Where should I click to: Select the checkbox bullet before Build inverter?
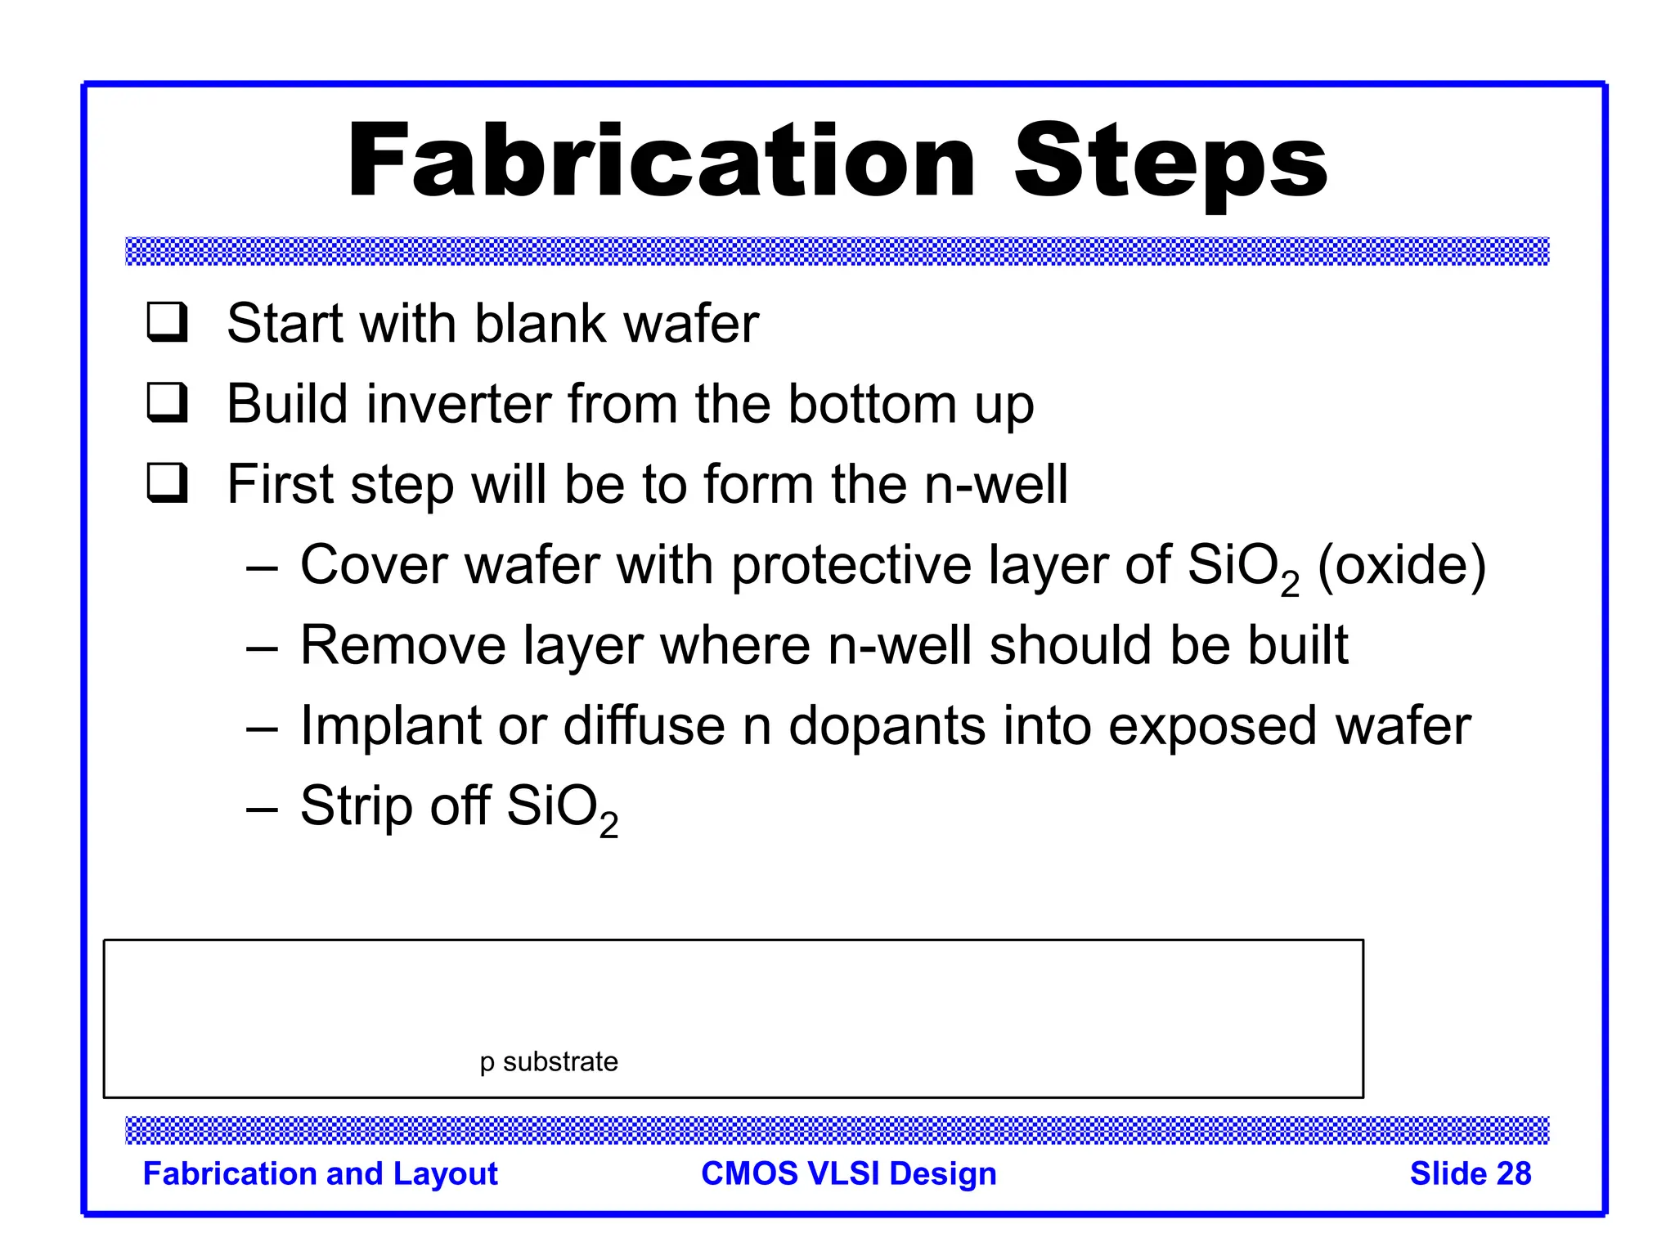coord(168,402)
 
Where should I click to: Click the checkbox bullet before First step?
coord(168,482)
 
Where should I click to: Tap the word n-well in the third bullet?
coord(995,484)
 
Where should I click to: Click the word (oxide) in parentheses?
coord(1401,566)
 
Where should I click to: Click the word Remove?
coord(402,645)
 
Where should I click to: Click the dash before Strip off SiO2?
coord(262,809)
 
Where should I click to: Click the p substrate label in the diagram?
coord(549,1061)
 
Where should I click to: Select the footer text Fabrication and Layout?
coord(320,1173)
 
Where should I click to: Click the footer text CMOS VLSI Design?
coord(848,1173)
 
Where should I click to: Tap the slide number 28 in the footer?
coord(1513,1173)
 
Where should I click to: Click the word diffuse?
coord(644,726)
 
